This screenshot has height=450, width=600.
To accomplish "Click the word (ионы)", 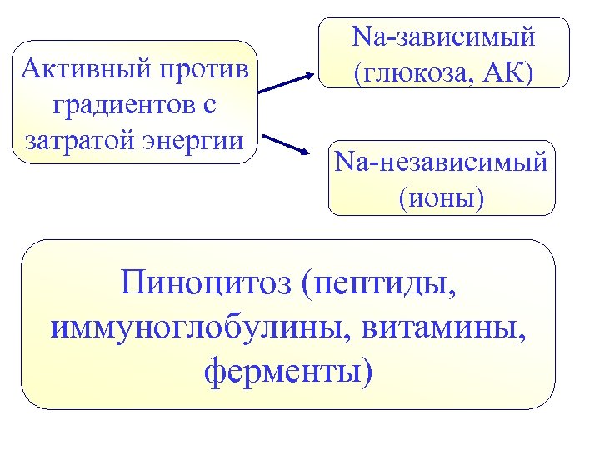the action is tap(442, 198).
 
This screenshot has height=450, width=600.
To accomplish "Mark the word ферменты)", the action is tap(288, 368).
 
